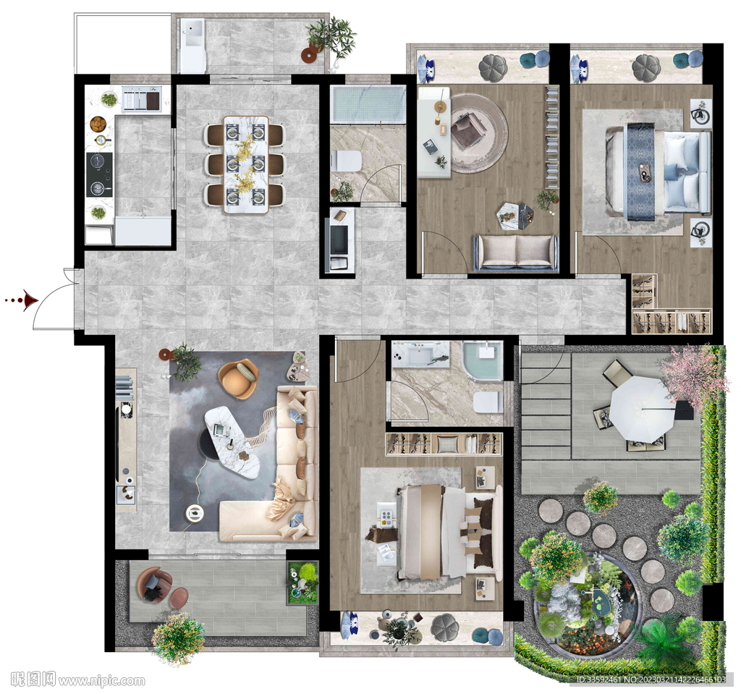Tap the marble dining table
coord(246,164)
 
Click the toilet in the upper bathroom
coord(347,161)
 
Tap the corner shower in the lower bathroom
coord(483,361)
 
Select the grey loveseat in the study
coord(516,253)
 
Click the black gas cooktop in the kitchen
coord(99,175)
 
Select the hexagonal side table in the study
coord(515,216)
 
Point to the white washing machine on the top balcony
coord(192,46)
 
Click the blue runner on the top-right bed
coord(640,171)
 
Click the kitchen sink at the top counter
coord(142,99)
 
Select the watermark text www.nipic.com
coord(101,681)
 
